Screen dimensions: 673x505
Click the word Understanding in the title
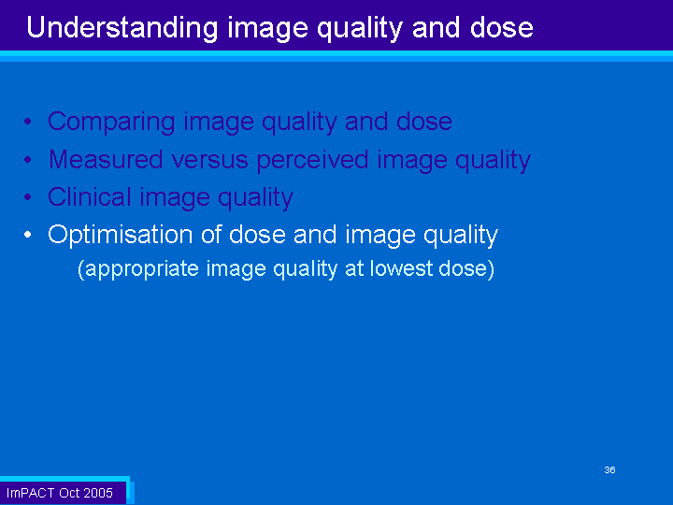point(122,29)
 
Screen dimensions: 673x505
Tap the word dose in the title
point(501,27)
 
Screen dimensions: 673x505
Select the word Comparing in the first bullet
point(111,123)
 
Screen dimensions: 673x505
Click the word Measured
point(106,159)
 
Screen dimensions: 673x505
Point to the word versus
point(210,160)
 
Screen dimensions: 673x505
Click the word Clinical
point(90,197)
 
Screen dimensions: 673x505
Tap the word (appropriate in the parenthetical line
point(137,269)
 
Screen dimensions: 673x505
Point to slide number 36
point(609,469)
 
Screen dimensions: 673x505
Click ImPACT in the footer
point(30,493)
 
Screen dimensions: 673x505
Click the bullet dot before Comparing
point(28,122)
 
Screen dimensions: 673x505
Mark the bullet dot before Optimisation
point(28,235)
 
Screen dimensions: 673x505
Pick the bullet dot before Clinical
point(28,197)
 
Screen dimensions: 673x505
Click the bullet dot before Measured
point(28,160)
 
